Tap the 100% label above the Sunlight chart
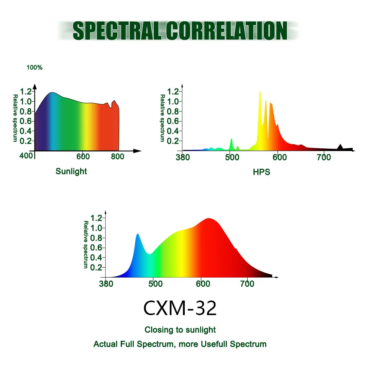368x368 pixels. [x=34, y=67]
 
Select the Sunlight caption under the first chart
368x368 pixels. [x=71, y=171]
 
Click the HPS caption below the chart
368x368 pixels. [x=261, y=172]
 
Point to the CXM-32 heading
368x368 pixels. [x=180, y=308]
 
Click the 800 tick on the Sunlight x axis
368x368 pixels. [x=118, y=156]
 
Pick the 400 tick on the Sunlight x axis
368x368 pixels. [x=26, y=156]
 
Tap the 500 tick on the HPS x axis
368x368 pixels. [x=231, y=157]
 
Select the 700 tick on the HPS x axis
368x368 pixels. [x=324, y=157]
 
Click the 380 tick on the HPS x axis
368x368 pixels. [x=183, y=157]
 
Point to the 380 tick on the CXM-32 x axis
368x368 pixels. [x=106, y=284]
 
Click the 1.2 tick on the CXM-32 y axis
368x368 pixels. [x=97, y=218]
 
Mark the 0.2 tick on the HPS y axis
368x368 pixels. [x=174, y=141]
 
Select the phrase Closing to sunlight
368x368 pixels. [x=180, y=330]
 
